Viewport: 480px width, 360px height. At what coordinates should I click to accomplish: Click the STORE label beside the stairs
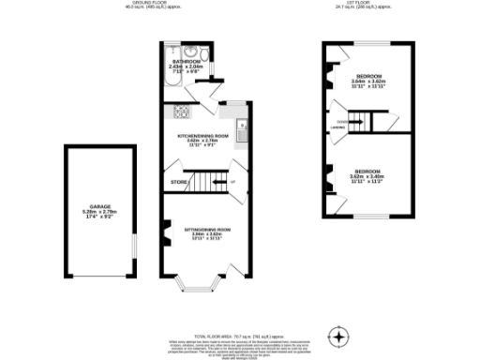tap(176, 181)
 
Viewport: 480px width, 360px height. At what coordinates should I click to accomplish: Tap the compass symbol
tap(338, 336)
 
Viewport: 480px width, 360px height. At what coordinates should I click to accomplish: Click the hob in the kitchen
tap(179, 112)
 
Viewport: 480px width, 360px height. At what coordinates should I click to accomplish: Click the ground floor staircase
tap(208, 181)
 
